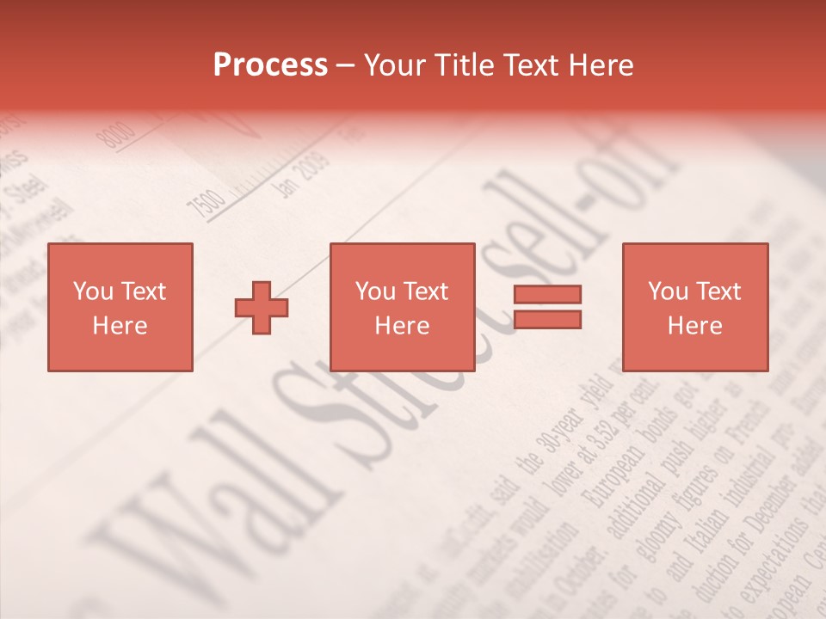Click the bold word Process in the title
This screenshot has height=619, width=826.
[x=270, y=65]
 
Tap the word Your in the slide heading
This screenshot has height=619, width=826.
[x=396, y=65]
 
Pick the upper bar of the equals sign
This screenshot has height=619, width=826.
[x=547, y=294]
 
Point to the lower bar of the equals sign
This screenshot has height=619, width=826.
[x=547, y=320]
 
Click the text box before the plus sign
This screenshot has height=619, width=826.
[x=120, y=308]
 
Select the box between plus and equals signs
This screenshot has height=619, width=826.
[x=402, y=308]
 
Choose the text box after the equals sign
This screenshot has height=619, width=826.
[x=694, y=308]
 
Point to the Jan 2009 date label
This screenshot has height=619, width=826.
[x=301, y=175]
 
